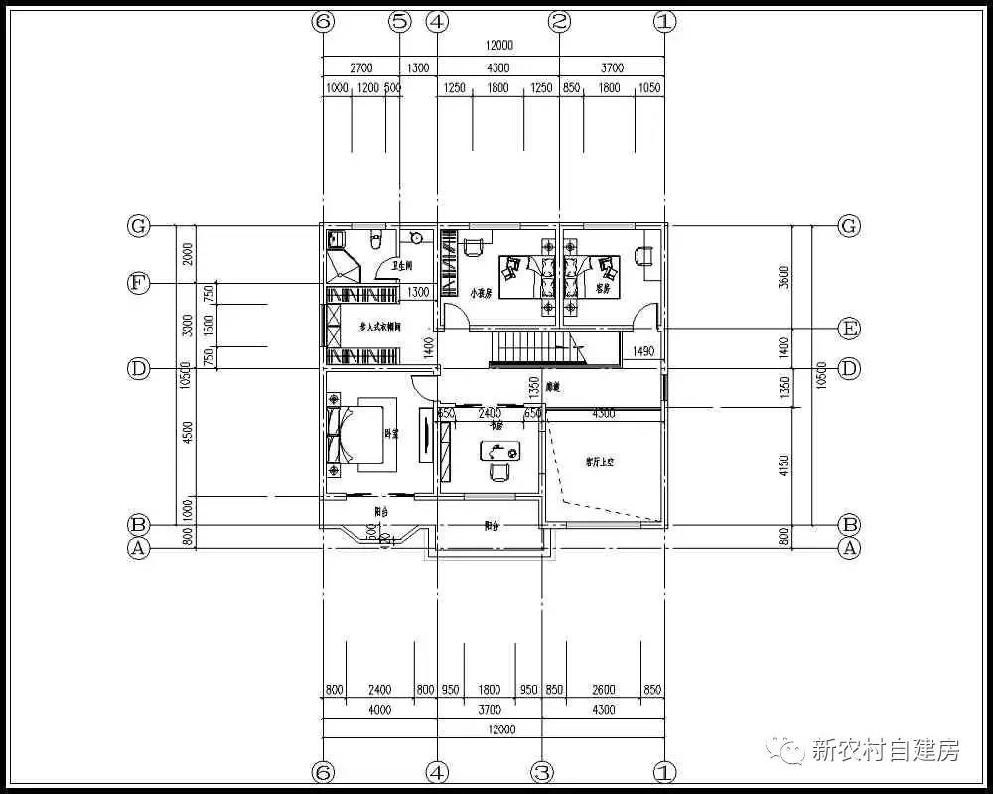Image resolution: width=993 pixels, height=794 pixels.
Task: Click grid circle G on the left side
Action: tap(138, 226)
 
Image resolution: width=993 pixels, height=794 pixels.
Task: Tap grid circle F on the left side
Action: tap(138, 284)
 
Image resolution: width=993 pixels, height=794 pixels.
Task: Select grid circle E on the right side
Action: tap(848, 329)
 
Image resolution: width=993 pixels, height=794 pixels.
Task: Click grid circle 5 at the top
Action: tap(399, 21)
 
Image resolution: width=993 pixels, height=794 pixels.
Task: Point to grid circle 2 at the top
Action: tap(560, 21)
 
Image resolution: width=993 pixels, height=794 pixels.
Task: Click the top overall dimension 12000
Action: tap(498, 46)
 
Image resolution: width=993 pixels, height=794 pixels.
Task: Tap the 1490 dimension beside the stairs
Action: tap(642, 351)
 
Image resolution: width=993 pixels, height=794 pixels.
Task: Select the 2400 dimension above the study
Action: tap(490, 413)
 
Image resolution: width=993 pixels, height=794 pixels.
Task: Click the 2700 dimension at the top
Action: tap(360, 68)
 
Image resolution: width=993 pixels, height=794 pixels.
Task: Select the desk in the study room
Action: tap(498, 452)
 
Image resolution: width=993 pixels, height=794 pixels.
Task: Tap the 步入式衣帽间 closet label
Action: tap(379, 326)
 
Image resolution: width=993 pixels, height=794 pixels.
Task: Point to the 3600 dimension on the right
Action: tap(783, 276)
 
